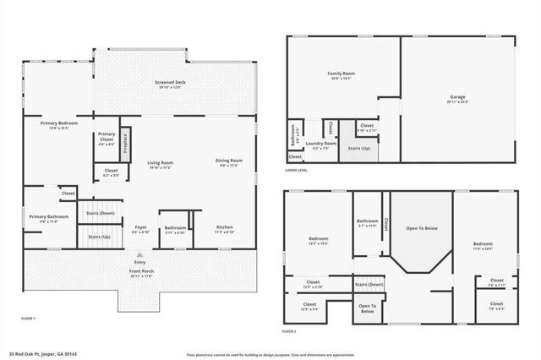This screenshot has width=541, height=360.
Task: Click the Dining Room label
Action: [229, 161]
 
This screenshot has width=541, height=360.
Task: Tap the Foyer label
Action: [141, 226]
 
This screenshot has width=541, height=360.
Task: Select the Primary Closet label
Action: [107, 137]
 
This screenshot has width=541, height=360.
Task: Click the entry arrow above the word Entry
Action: [140, 254]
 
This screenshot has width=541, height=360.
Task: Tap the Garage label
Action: [456, 97]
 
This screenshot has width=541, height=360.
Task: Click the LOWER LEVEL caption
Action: [296, 171]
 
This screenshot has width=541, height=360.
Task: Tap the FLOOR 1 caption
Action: [28, 318]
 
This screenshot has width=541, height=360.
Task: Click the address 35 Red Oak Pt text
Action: [41, 354]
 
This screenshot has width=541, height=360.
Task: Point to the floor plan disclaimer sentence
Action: [270, 354]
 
